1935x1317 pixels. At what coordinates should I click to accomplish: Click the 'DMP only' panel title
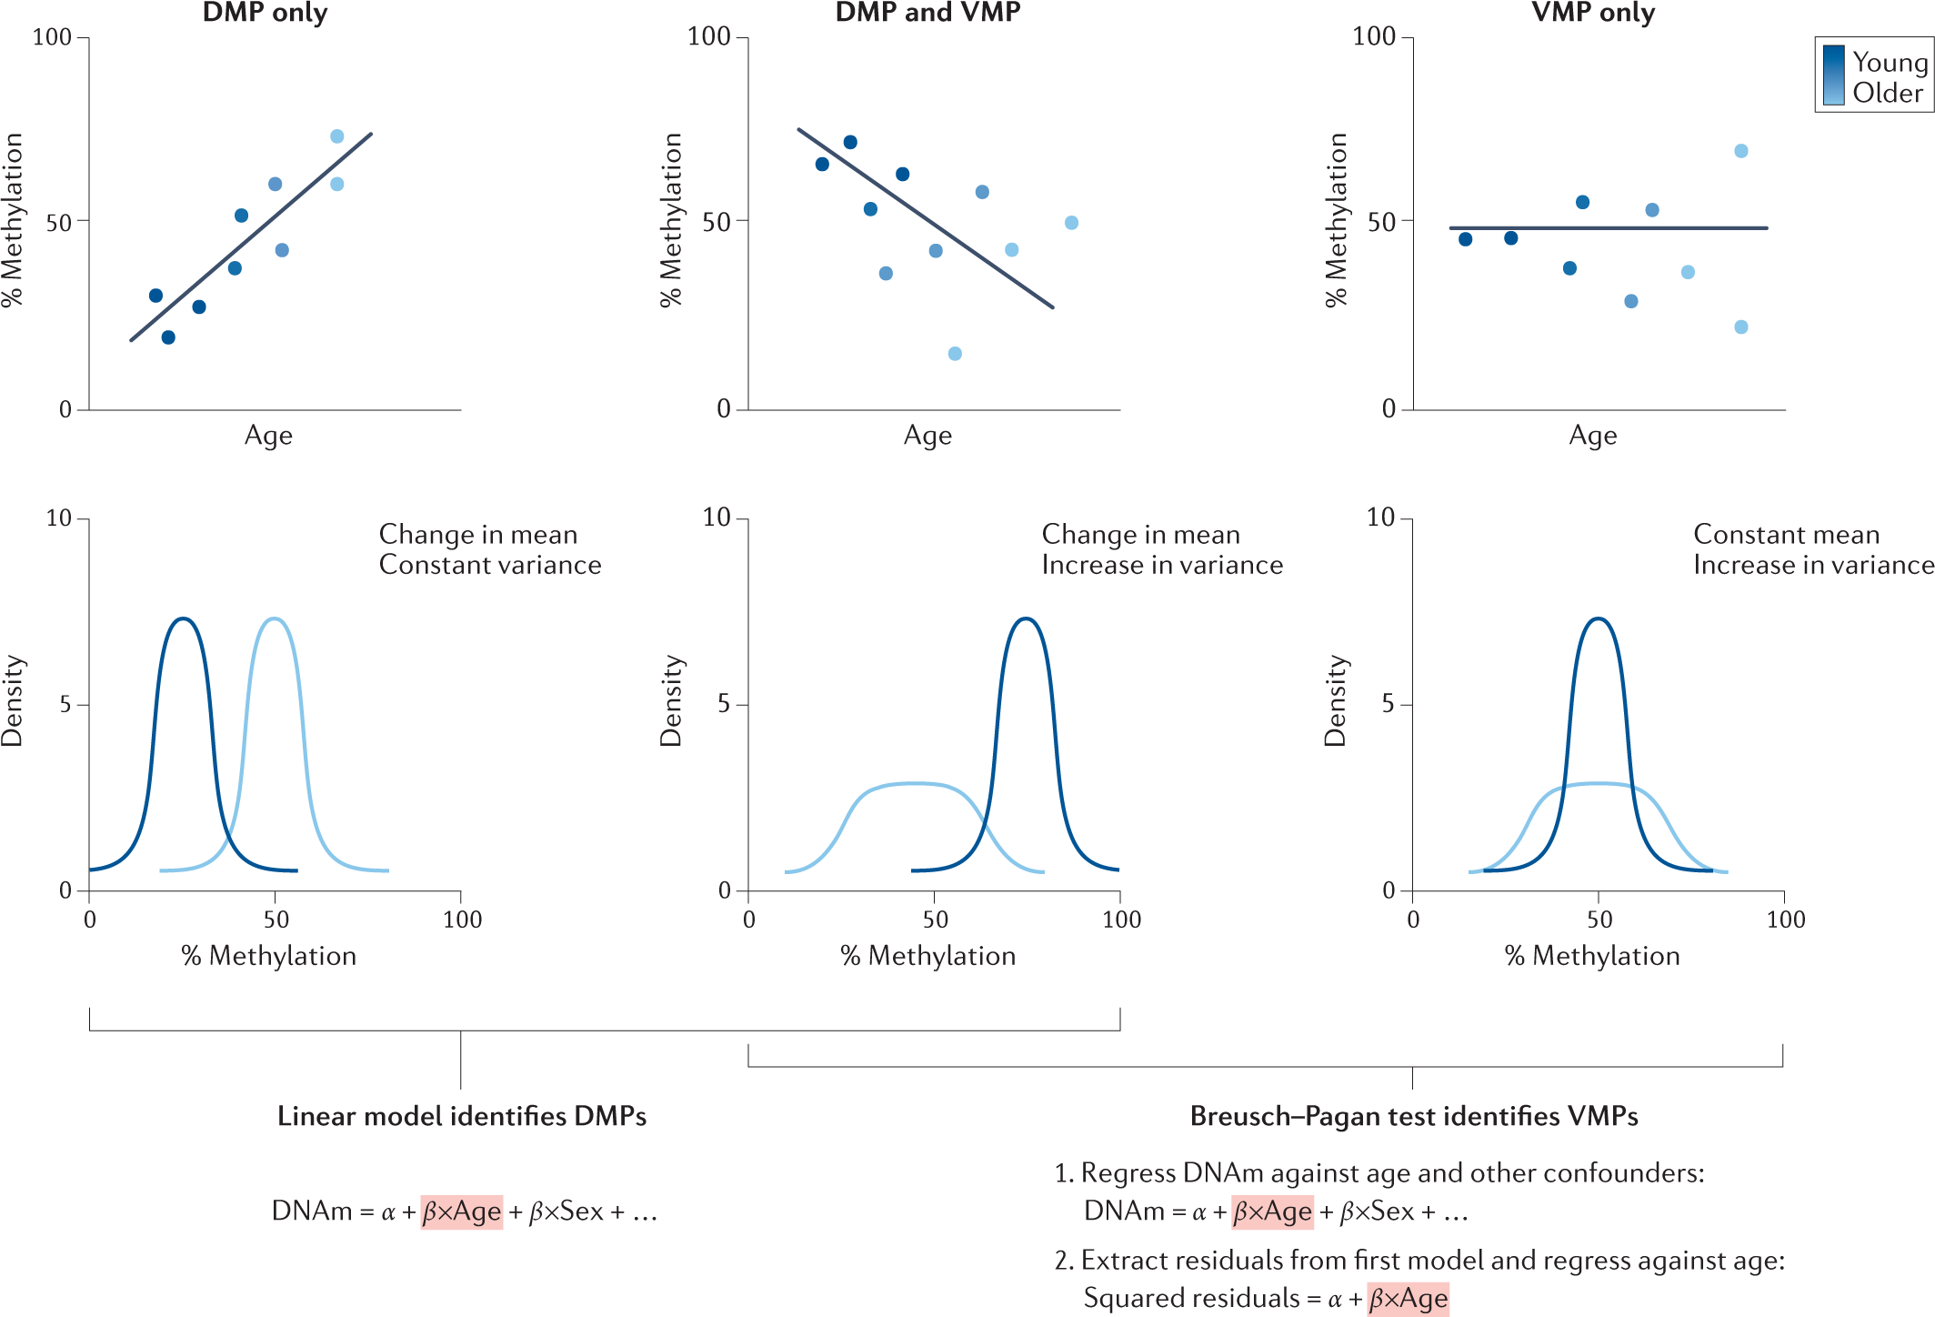[x=265, y=13]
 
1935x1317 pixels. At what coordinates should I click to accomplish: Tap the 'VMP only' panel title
[x=1593, y=13]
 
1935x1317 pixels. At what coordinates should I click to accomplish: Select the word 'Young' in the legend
[x=1890, y=62]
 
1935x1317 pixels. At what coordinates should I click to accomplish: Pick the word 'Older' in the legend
[x=1888, y=93]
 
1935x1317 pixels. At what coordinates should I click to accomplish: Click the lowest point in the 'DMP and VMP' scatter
[x=955, y=354]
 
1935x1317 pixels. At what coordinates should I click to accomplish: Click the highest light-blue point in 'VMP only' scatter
[x=1740, y=151]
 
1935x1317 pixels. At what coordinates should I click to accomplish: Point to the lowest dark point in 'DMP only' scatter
[x=168, y=337]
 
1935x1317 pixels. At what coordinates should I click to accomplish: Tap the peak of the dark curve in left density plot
[x=184, y=619]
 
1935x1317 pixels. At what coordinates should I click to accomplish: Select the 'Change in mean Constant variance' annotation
[x=489, y=549]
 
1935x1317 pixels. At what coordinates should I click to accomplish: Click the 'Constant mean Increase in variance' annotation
[x=1811, y=549]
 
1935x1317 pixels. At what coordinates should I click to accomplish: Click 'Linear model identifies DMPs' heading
[x=461, y=1116]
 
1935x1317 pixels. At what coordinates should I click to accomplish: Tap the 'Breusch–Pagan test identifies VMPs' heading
[x=1414, y=1116]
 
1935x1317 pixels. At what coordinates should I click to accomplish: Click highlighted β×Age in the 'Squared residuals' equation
[x=1408, y=1298]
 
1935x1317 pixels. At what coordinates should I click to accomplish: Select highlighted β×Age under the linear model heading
[x=462, y=1211]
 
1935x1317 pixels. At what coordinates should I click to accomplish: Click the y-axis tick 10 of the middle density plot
[x=717, y=518]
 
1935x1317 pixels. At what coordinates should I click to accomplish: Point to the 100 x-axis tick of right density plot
[x=1785, y=920]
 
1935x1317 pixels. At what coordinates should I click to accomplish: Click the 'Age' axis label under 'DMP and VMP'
[x=927, y=436]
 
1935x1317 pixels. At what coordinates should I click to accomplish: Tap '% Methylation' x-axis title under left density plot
[x=269, y=956]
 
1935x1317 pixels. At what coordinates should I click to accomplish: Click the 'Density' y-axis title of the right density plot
[x=1335, y=700]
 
